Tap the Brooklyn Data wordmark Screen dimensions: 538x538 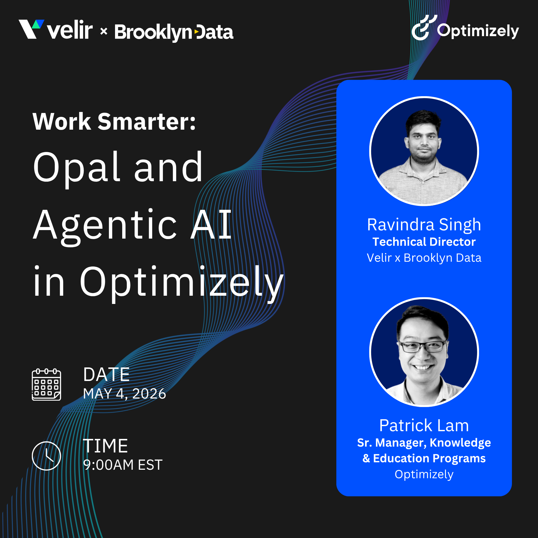point(174,32)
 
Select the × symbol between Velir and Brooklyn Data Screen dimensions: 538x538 point(104,31)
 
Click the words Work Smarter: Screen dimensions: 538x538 point(114,122)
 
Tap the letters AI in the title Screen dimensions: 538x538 point(211,225)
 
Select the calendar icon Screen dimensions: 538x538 point(46,384)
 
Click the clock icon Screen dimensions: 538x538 point(46,456)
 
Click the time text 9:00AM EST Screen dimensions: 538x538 point(123,465)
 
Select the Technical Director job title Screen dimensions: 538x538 point(424,242)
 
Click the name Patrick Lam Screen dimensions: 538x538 point(424,426)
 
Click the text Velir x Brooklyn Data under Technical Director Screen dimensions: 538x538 point(424,258)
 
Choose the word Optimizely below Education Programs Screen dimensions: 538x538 point(424,475)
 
